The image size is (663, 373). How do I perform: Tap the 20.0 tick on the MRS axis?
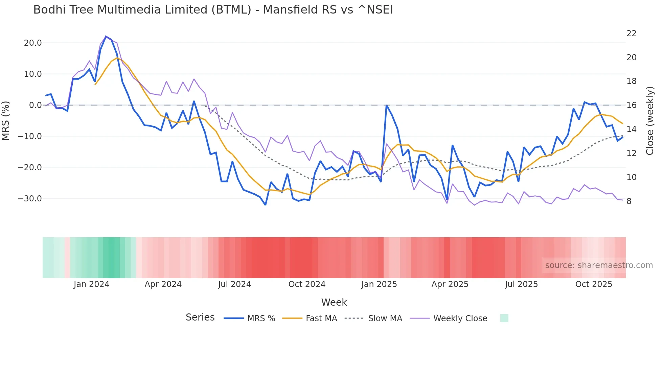click(33, 43)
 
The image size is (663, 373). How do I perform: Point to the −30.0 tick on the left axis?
click(30, 199)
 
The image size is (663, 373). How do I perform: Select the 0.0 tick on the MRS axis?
click(35, 105)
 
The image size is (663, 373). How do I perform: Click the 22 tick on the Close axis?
click(631, 34)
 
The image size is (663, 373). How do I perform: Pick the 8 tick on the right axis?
click(629, 201)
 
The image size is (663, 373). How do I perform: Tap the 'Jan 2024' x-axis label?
click(91, 284)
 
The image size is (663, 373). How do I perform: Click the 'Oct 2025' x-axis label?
click(594, 284)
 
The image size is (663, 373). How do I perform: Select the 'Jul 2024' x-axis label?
click(234, 284)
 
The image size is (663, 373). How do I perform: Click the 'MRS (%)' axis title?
click(6, 120)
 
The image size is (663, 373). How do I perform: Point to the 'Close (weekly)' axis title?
click(650, 121)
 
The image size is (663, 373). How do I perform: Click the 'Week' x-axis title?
click(334, 302)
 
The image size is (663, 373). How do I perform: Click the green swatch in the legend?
click(504, 318)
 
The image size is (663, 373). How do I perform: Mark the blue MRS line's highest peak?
click(106, 36)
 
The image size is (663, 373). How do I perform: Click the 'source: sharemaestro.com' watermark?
click(599, 265)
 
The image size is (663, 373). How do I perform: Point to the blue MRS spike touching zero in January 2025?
click(386, 105)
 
